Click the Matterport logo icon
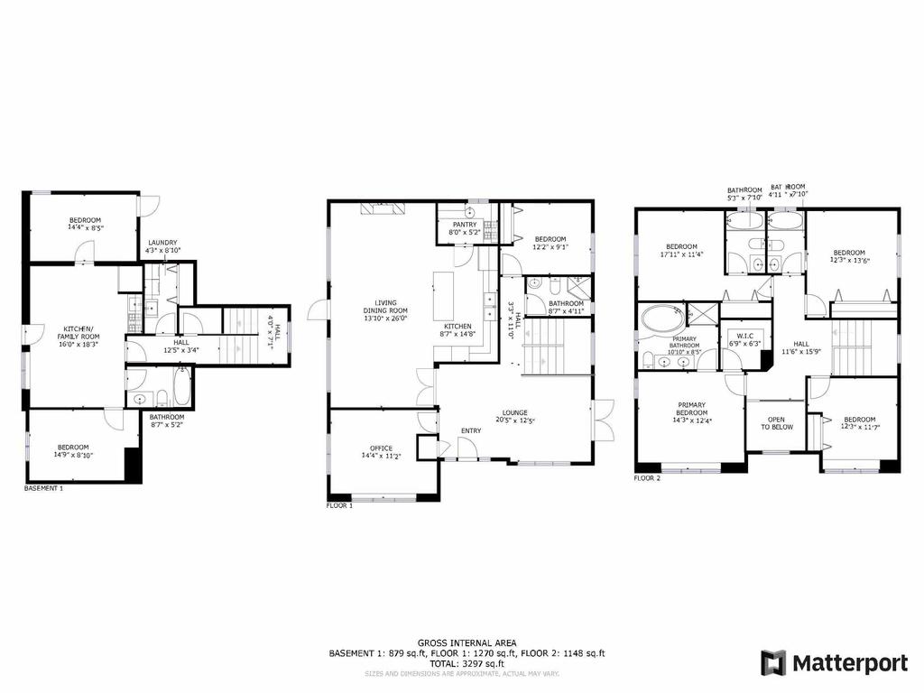point(773,663)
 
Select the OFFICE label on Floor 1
point(381,448)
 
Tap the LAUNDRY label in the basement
point(163,242)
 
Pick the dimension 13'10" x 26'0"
point(392,318)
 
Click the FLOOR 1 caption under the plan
point(339,506)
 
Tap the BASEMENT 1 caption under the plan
point(43,488)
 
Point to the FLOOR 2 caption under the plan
point(647,478)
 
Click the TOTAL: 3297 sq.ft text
point(467,663)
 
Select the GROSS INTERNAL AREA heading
point(467,642)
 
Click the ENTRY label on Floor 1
point(471,430)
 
